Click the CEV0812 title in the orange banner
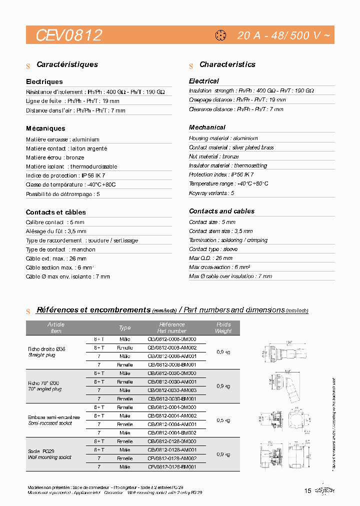tap(69, 35)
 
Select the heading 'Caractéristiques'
tap(67, 64)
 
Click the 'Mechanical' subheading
tap(207, 127)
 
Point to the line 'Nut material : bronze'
tap(213, 156)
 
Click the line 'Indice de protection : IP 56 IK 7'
tap(65, 175)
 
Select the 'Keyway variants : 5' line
tap(211, 192)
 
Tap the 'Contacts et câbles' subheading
tap(55, 212)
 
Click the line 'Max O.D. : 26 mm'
tap(210, 258)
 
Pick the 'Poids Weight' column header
tap(223, 327)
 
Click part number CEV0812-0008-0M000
tap(171, 339)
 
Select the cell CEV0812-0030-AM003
tap(171, 390)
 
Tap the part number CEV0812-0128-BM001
tap(171, 466)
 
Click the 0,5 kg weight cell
tap(223, 419)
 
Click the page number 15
tap(307, 490)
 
